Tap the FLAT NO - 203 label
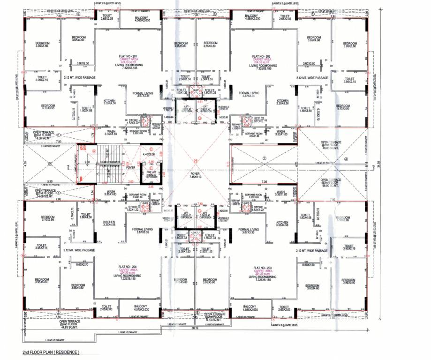[x=262, y=268]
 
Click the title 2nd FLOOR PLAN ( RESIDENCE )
[x=51, y=352]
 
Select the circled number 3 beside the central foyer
[x=264, y=159]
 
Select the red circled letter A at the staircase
[x=94, y=151]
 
